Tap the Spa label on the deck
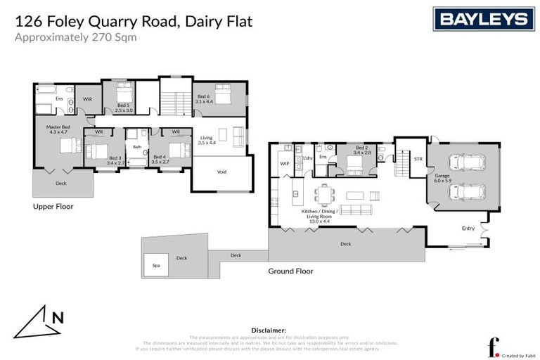pyautogui.click(x=155, y=265)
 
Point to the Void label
pyautogui.click(x=221, y=172)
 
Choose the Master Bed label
pyautogui.click(x=58, y=129)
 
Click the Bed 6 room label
pyautogui.click(x=203, y=99)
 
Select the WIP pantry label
pyautogui.click(x=285, y=164)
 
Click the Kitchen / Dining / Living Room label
pyautogui.click(x=319, y=214)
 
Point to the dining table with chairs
pyautogui.click(x=325, y=192)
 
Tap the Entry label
pyautogui.click(x=468, y=228)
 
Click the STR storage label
pyautogui.click(x=418, y=159)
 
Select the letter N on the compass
pyautogui.click(x=58, y=317)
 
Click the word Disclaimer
pyautogui.click(x=268, y=329)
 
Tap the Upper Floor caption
pyautogui.click(x=53, y=207)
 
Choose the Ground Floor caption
pyautogui.click(x=290, y=271)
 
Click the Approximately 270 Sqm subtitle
pyautogui.click(x=75, y=37)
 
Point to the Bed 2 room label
pyautogui.click(x=361, y=150)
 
